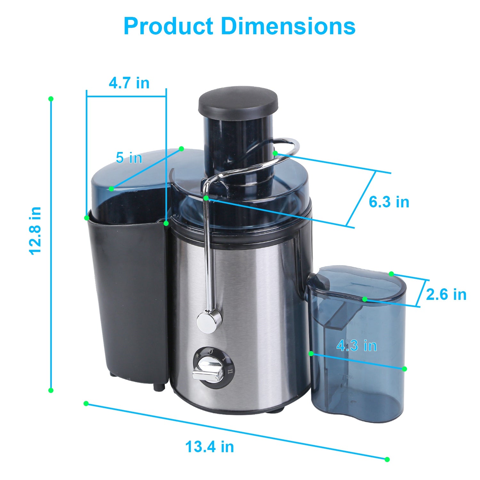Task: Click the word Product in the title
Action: point(168,26)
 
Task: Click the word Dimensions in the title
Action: point(288,26)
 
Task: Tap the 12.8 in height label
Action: point(35,230)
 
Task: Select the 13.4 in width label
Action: point(210,447)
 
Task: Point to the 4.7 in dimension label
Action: point(129,83)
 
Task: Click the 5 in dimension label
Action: point(129,158)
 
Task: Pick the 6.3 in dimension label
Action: point(389,202)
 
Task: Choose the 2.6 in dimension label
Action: point(446,294)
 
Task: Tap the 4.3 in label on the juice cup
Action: point(356,346)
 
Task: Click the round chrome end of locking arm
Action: point(208,322)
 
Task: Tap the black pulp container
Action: point(128,294)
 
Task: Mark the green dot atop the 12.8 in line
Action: point(51,99)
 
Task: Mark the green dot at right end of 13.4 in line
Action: point(387,460)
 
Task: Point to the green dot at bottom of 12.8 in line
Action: point(51,390)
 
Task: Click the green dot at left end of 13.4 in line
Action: point(86,404)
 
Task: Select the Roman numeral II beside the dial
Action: point(230,372)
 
